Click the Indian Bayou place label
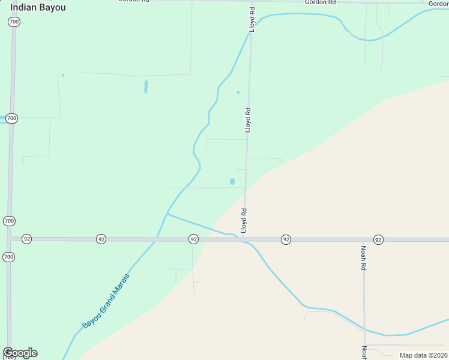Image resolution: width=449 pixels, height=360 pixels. click(x=38, y=7)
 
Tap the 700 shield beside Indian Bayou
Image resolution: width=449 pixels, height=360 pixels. click(x=14, y=22)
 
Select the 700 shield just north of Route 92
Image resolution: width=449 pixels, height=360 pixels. click(x=9, y=221)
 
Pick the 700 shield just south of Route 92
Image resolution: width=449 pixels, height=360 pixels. click(x=8, y=257)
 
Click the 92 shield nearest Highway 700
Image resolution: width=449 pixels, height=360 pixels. click(x=26, y=239)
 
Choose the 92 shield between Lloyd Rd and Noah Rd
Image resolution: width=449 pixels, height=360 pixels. click(x=286, y=239)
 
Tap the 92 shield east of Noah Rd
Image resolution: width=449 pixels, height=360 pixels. click(x=378, y=239)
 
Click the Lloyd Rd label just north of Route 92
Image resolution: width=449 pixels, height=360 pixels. click(x=244, y=221)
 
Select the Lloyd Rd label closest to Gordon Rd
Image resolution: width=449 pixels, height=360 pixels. click(x=252, y=19)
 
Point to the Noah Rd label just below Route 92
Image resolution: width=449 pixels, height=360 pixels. click(x=364, y=257)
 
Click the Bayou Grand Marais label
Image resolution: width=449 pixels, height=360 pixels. click(x=106, y=301)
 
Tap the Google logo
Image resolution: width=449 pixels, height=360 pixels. click(x=20, y=353)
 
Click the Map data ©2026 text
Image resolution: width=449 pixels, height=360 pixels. click(x=423, y=355)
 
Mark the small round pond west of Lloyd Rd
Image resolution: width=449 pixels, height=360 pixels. click(x=232, y=181)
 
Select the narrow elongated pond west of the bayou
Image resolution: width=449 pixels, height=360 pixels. click(x=146, y=87)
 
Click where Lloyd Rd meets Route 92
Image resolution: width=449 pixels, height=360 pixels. click(x=245, y=239)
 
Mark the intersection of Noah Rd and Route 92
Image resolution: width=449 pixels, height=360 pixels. click(x=364, y=239)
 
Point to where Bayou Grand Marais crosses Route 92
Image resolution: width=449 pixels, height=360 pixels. click(x=155, y=239)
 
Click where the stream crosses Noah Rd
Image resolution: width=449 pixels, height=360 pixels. click(x=364, y=329)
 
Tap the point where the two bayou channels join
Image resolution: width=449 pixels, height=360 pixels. click(x=168, y=214)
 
